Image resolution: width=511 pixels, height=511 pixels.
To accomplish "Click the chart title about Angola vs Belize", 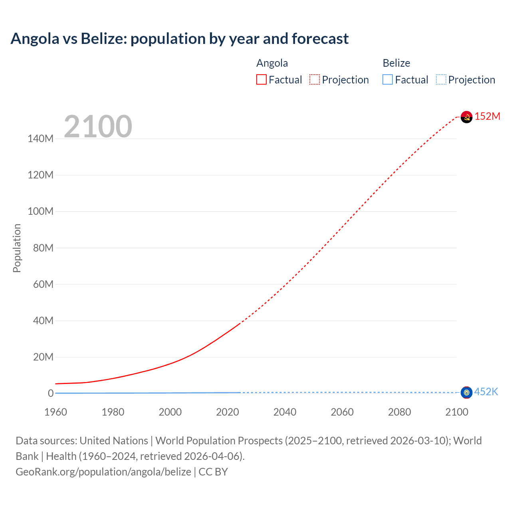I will tap(179, 39).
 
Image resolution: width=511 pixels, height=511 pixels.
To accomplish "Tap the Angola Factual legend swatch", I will tap(261, 79).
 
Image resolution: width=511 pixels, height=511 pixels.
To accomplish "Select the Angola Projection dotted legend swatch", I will tap(315, 79).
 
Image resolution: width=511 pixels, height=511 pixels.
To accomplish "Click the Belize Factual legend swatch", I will tap(387, 79).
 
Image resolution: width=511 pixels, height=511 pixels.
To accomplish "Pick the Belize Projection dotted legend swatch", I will tap(441, 79).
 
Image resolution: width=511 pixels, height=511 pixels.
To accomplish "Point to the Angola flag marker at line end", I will tap(466, 117).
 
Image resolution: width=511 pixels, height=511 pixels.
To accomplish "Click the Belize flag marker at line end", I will tap(466, 392).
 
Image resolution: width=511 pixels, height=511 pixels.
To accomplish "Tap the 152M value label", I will tap(487, 116).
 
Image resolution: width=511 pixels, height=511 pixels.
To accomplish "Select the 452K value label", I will tap(486, 392).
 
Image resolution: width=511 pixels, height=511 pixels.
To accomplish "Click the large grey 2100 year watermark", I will tap(98, 126).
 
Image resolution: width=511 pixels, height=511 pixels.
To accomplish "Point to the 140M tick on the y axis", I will tap(40, 139).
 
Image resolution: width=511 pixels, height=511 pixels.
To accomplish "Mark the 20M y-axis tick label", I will tap(43, 357).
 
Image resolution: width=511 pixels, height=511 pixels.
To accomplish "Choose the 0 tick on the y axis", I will tap(51, 393).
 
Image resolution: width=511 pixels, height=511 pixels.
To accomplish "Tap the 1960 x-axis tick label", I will tap(55, 412).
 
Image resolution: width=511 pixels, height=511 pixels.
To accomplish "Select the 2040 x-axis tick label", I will tap(285, 412).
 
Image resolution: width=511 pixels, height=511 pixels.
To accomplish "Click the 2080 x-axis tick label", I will tap(399, 412).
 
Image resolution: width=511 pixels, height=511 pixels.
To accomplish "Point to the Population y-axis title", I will tap(17, 248).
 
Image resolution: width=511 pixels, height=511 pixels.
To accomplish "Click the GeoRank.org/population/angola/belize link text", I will tap(103, 472).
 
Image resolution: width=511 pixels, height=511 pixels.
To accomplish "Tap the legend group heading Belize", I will tap(396, 63).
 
